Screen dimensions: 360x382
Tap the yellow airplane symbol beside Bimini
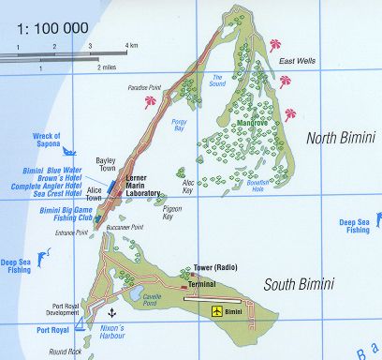pos(218,309)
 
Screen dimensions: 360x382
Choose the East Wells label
pos(296,61)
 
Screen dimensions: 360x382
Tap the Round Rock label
pos(66,352)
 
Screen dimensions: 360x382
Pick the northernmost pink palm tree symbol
pos(275,44)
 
